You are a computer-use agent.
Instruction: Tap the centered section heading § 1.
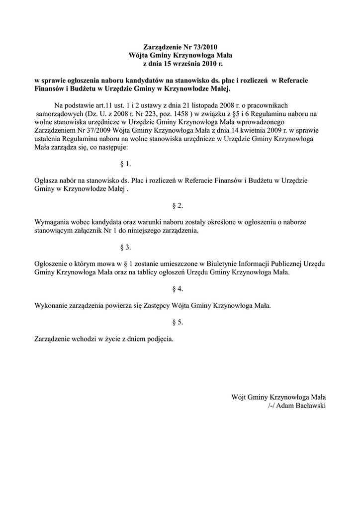point(126,163)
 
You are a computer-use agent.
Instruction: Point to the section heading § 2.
point(178,205)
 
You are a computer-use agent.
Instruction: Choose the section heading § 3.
point(126,247)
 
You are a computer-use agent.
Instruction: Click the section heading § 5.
point(178,322)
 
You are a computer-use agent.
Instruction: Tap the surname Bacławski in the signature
point(309,406)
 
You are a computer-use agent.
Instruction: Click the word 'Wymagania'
point(51,222)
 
